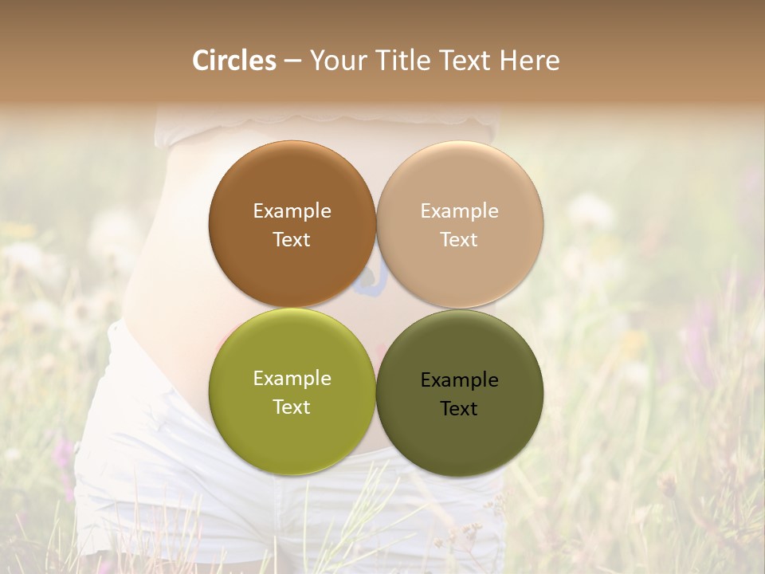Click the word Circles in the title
tap(234, 61)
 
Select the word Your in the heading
tap(335, 61)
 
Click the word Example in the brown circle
tap(292, 211)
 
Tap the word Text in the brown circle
tap(292, 240)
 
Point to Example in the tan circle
tap(459, 211)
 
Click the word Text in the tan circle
tap(459, 240)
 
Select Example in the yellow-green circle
tap(292, 379)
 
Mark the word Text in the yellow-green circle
tap(292, 407)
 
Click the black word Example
tap(459, 380)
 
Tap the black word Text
tap(459, 409)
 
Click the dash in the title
tap(292, 61)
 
